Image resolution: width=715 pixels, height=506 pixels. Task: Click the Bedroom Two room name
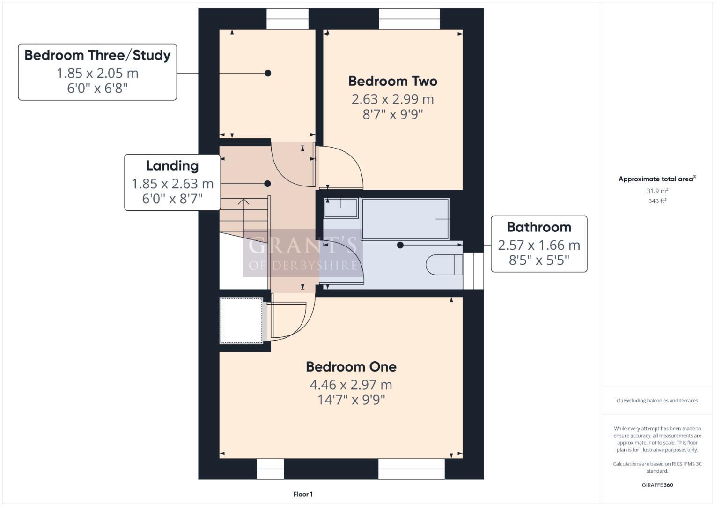(x=392, y=81)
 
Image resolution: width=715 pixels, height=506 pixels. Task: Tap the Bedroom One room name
(x=351, y=366)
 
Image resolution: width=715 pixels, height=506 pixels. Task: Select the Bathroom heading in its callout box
(x=539, y=227)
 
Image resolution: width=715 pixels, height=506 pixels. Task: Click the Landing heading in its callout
(x=172, y=166)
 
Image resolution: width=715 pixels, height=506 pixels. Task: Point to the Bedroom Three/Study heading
(x=97, y=55)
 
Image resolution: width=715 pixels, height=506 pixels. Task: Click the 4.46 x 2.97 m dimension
(x=351, y=385)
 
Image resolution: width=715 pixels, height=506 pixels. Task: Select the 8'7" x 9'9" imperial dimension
(x=392, y=114)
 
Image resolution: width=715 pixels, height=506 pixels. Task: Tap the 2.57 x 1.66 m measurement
(x=539, y=245)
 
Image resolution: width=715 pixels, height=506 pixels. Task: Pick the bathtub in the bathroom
(x=405, y=219)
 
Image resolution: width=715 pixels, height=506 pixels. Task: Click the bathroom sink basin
(x=341, y=208)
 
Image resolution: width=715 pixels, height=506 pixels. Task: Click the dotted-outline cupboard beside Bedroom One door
(x=242, y=320)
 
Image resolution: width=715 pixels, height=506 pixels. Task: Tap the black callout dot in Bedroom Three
(x=268, y=73)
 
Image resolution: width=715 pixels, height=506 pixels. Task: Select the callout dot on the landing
(x=267, y=184)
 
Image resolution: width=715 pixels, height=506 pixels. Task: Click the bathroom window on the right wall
(x=473, y=271)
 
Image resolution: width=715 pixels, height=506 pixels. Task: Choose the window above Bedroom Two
(x=409, y=19)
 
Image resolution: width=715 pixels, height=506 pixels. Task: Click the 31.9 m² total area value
(x=657, y=191)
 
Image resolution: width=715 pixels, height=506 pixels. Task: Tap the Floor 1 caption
(x=303, y=494)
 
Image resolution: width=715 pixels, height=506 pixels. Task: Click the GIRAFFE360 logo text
(x=657, y=485)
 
